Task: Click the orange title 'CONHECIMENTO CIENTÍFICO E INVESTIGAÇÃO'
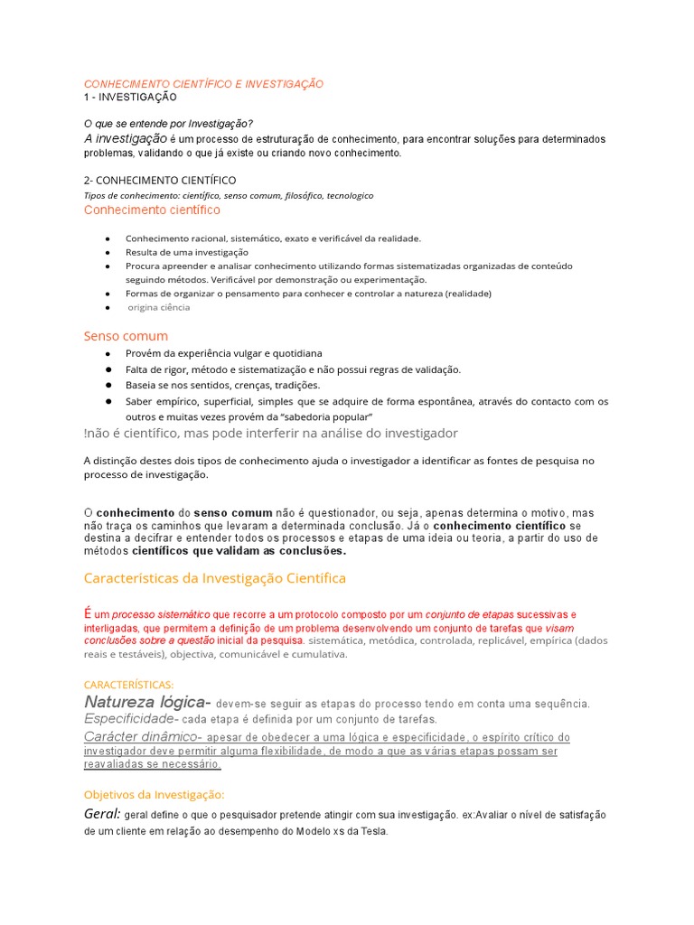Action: click(203, 83)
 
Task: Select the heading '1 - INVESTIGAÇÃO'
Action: click(130, 97)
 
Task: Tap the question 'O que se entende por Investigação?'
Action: click(168, 123)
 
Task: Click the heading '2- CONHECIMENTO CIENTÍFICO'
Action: click(160, 181)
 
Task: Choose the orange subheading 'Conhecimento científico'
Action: click(152, 210)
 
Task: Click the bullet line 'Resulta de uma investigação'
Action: click(186, 252)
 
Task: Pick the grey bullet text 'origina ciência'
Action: click(159, 307)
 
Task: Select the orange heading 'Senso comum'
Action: click(126, 336)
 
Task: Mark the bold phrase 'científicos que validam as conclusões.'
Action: click(239, 550)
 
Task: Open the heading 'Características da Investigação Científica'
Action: click(214, 578)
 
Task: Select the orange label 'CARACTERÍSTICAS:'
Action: click(128, 685)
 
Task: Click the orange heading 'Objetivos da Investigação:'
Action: click(153, 794)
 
